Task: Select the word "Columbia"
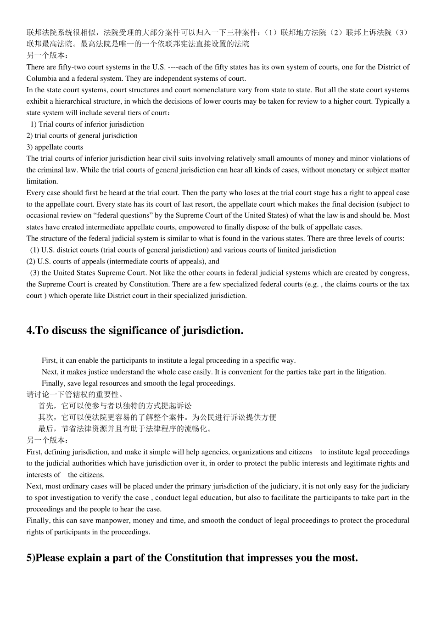(x=41, y=79)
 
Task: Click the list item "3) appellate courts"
(x=55, y=147)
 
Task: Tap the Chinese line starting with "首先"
(x=115, y=406)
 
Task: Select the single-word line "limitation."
(x=42, y=181)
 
